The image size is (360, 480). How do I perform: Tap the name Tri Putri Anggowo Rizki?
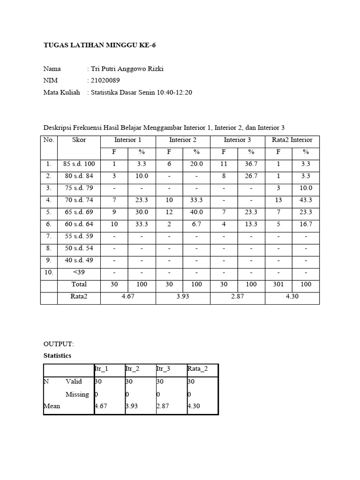point(127,69)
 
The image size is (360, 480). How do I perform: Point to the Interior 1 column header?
point(127,140)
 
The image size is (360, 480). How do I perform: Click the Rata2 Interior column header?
point(292,140)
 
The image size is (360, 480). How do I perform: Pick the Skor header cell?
point(79,140)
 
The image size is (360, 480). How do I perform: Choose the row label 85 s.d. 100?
point(79,164)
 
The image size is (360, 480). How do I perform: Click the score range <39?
point(79,272)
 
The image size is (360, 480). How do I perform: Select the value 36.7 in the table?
point(251,164)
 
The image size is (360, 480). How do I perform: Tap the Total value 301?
point(278,284)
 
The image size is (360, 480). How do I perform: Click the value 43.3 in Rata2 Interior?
point(306,200)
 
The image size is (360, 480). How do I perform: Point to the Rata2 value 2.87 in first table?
point(238,296)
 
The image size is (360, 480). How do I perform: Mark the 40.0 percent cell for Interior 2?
point(196,212)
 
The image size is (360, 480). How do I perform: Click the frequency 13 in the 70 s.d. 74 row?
point(278,200)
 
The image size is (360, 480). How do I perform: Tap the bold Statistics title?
point(57,356)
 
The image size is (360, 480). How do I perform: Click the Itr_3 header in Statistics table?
point(163,369)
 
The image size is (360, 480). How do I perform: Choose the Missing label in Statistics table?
point(77,394)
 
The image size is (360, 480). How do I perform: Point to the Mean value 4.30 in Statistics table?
point(194,406)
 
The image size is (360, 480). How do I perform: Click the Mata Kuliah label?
point(61,92)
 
